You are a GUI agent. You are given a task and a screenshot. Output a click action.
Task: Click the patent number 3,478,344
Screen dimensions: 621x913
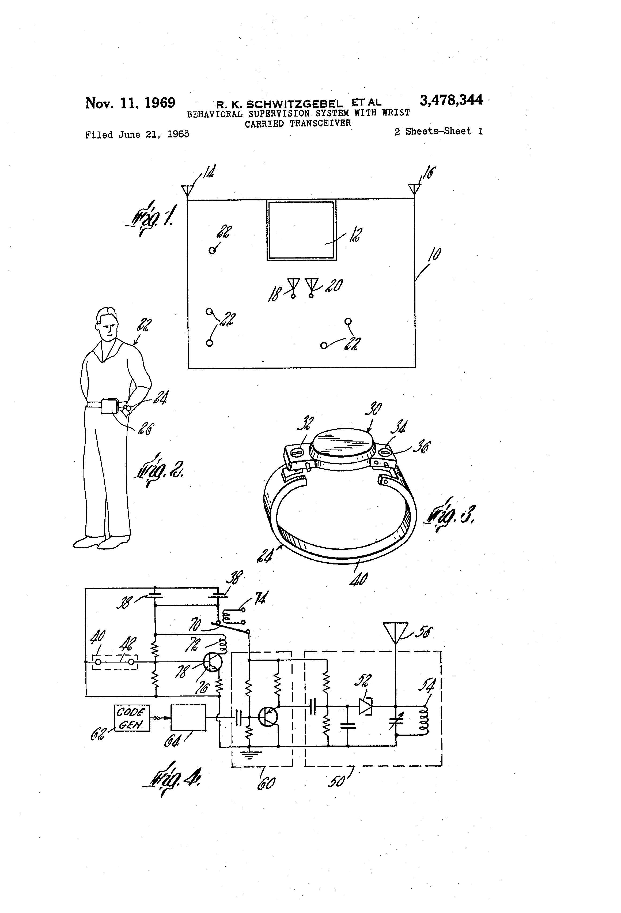[451, 100]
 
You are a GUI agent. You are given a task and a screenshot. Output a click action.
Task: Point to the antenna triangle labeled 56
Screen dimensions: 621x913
[396, 632]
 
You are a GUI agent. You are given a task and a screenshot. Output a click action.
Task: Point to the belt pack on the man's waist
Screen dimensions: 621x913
[109, 406]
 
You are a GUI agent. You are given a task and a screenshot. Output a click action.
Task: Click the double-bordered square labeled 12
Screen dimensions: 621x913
[301, 230]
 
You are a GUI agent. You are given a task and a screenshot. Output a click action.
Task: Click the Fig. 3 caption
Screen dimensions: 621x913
[451, 515]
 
